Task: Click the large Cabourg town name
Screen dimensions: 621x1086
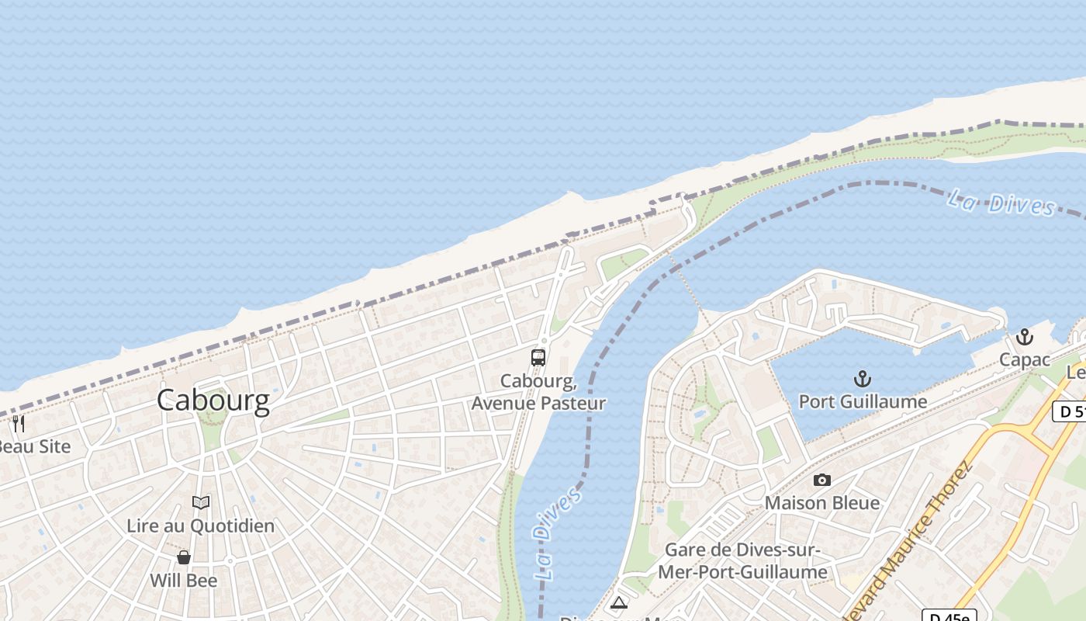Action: coord(213,401)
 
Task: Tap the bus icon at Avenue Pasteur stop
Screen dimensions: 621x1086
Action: coord(538,358)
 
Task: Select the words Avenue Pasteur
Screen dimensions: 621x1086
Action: coord(538,403)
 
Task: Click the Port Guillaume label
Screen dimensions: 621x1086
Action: coord(863,401)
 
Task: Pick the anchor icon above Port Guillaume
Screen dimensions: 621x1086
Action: coord(862,379)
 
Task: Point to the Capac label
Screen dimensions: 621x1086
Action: coord(1024,359)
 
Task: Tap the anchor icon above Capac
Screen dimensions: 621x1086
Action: coord(1025,337)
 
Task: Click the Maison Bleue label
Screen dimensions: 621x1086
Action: coord(822,502)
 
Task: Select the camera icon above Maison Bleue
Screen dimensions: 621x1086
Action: coord(822,480)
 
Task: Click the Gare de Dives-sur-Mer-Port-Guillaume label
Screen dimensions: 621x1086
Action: coord(742,560)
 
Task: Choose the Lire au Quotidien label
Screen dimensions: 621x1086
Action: coord(200,526)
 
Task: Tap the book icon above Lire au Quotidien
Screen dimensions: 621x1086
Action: coord(201,503)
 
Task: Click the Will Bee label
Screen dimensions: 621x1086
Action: coord(183,580)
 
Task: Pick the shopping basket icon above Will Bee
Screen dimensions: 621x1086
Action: coord(184,557)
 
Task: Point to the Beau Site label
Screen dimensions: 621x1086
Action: coord(34,446)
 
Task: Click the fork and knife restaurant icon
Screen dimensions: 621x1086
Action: coord(19,424)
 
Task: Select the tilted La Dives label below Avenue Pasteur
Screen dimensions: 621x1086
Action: coord(557,534)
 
